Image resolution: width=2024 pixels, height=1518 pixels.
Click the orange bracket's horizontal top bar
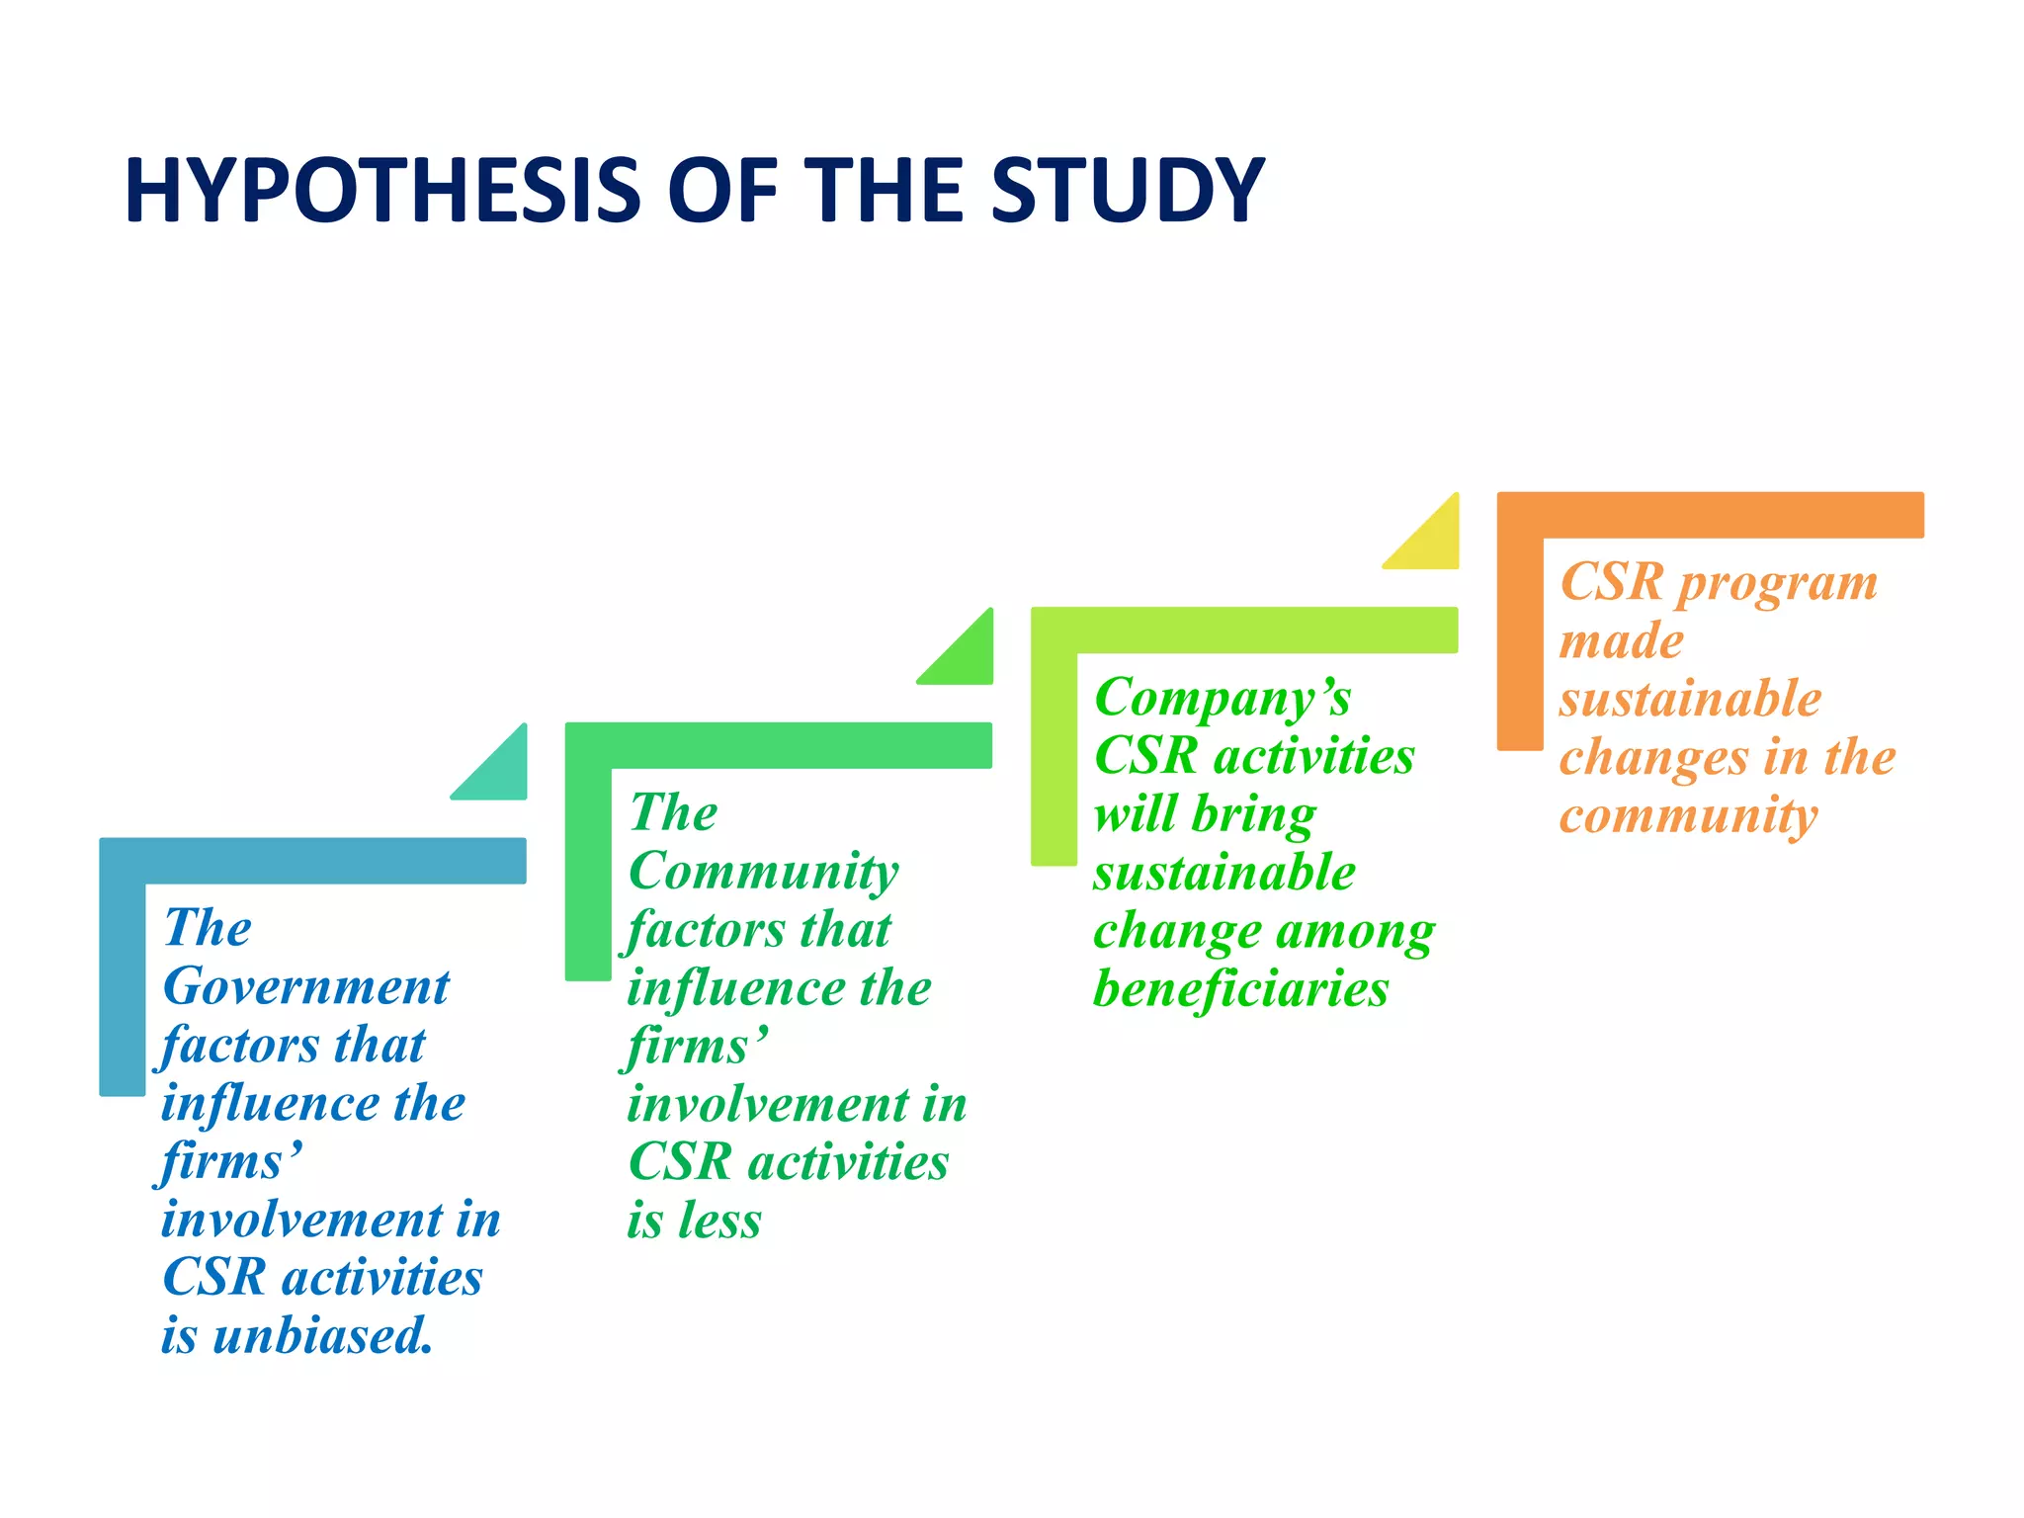tap(1710, 515)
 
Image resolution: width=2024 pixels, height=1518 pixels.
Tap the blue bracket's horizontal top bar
tap(312, 861)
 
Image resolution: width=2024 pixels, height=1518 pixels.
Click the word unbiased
tap(322, 1335)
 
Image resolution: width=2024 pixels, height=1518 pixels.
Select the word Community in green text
tap(763, 872)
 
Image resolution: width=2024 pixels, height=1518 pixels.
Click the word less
tap(718, 1221)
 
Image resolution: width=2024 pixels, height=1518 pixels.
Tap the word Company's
tap(1222, 699)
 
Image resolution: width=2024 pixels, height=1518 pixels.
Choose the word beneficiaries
tap(1240, 989)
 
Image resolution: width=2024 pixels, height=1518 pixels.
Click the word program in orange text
tap(1777, 583)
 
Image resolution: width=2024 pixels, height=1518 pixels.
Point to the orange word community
tap(1688, 816)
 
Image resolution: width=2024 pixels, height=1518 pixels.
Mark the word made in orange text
tap(1621, 641)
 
